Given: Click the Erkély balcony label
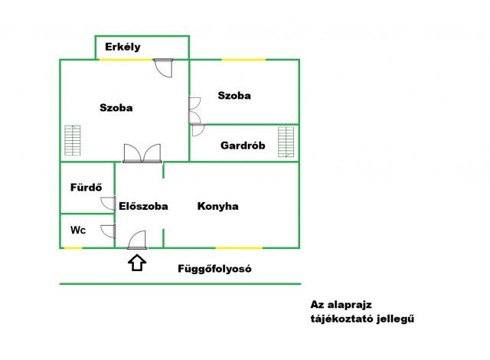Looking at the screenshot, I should click(x=123, y=47).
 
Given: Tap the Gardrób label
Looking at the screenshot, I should click(x=243, y=146).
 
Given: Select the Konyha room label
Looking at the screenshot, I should click(x=218, y=206).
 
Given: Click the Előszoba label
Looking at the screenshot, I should click(x=143, y=206).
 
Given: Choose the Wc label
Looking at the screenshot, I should click(x=78, y=230).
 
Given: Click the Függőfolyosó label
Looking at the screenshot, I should click(x=215, y=269).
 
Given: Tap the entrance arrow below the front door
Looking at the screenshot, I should click(x=137, y=263).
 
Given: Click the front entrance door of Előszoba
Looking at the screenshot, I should click(x=138, y=241).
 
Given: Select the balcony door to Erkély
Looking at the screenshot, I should click(x=163, y=67).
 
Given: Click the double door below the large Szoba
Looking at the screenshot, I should click(x=142, y=152).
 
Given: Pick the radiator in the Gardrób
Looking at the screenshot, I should click(x=286, y=142).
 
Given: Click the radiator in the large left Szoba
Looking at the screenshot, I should click(x=72, y=141).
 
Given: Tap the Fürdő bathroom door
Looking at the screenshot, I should click(x=108, y=204).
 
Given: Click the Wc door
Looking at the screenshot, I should click(x=109, y=231).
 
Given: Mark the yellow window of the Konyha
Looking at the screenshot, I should click(x=239, y=247).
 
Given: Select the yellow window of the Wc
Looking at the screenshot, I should click(x=73, y=247).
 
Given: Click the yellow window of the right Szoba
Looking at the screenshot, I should click(x=243, y=59).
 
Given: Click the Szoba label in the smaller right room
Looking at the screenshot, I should click(x=234, y=96).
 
